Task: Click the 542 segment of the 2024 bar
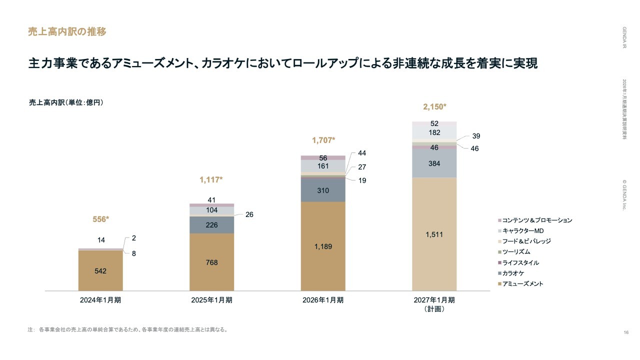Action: [x=100, y=270]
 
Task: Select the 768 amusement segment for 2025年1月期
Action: [x=211, y=262]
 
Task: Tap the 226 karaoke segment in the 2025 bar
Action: [x=211, y=225]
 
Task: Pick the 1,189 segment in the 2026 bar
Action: [x=323, y=246]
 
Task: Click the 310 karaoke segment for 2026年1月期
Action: [x=323, y=190]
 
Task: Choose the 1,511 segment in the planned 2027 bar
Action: [x=434, y=234]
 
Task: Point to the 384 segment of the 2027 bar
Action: [x=434, y=163]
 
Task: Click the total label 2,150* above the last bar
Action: [x=434, y=106]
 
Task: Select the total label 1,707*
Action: [x=323, y=140]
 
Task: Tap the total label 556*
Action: [x=101, y=219]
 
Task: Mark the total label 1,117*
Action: [x=211, y=179]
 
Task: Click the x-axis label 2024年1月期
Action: [x=100, y=300]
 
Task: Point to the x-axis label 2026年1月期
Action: [x=323, y=300]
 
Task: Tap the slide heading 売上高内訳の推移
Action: [x=67, y=32]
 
